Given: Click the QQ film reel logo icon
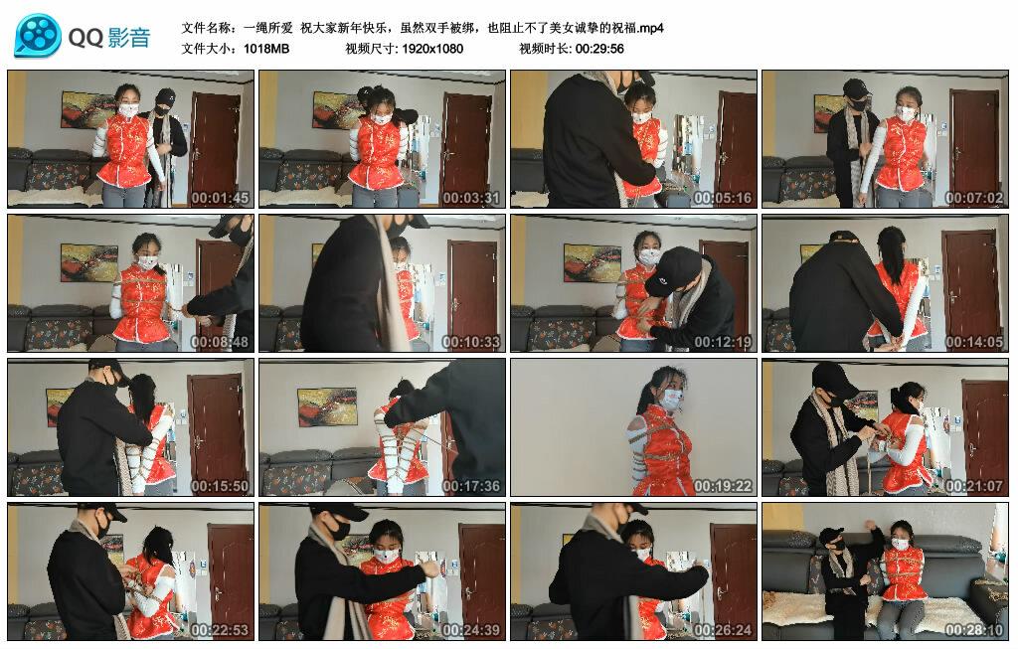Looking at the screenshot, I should (x=38, y=36).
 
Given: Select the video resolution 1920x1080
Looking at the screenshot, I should (x=432, y=48).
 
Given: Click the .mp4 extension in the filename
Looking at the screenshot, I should (x=650, y=28).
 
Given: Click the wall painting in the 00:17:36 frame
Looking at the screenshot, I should (x=326, y=406).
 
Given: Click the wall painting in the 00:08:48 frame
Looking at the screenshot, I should (x=88, y=262).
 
